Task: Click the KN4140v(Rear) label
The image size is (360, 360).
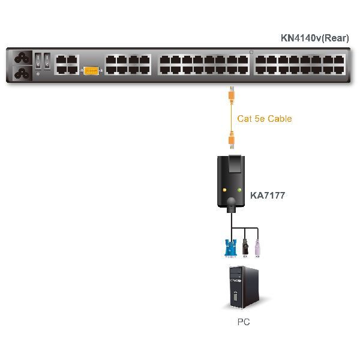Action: [x=314, y=38]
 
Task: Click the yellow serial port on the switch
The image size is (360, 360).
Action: [x=91, y=70]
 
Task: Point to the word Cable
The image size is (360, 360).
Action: [x=280, y=119]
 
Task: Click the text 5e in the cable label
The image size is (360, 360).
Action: [x=260, y=119]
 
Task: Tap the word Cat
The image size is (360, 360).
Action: [x=245, y=119]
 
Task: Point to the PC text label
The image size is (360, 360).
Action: [x=243, y=322]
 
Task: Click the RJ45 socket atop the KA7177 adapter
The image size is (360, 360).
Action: [x=235, y=163]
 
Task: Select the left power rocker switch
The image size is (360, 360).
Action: [x=38, y=61]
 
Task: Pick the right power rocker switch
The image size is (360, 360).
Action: [x=47, y=61]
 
